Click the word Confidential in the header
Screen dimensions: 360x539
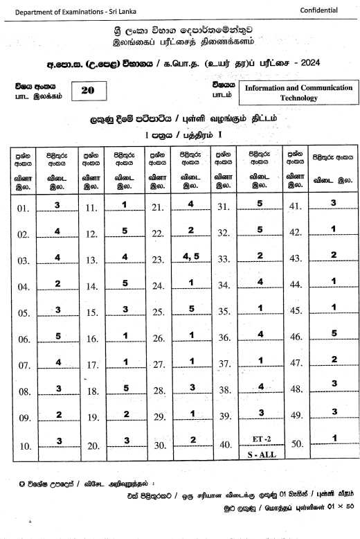(x=320, y=10)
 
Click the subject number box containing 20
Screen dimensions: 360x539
(x=89, y=90)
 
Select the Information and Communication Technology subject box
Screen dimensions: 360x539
(x=298, y=93)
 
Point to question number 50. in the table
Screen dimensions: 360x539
(x=297, y=443)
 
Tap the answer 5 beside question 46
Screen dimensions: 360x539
(x=334, y=333)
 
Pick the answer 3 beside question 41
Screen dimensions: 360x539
(x=334, y=202)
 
